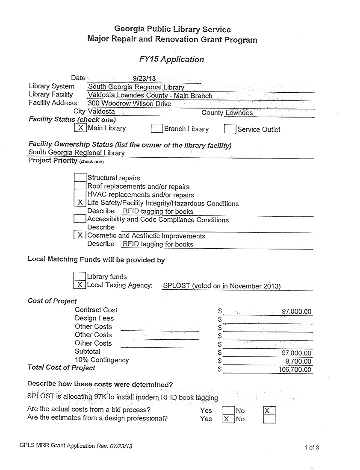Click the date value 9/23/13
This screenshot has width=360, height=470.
[x=144, y=79]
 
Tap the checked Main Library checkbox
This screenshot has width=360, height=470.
[x=80, y=128]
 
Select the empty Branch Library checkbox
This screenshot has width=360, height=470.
[x=157, y=129]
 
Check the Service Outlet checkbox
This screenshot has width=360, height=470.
[x=230, y=129]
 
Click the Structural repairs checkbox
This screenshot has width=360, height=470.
[x=80, y=178]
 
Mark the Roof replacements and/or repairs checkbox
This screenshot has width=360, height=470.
[x=80, y=186]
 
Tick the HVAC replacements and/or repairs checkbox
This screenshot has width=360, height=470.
[x=80, y=195]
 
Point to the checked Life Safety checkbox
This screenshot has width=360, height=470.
[x=80, y=203]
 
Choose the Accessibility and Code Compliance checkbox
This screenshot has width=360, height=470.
[x=80, y=219]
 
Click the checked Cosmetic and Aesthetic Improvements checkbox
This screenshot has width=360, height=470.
[x=80, y=235]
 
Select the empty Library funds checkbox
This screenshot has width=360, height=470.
[x=80, y=276]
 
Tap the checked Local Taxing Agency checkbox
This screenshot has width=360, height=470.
[x=80, y=285]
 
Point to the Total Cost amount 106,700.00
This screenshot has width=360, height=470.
[x=295, y=370]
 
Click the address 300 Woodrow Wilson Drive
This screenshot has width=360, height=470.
[x=130, y=104]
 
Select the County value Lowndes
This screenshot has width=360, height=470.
[x=239, y=113]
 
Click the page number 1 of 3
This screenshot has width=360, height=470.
[x=312, y=448]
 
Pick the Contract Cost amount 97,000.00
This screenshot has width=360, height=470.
[x=296, y=311]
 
